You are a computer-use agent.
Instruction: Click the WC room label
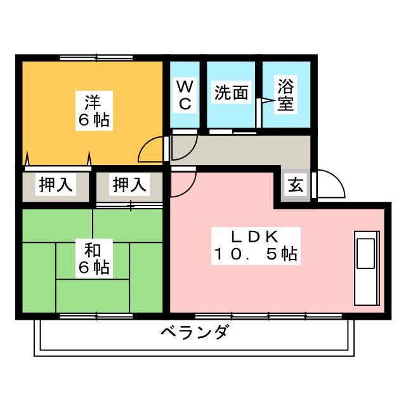[x=185, y=95]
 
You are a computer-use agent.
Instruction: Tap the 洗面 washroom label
[x=231, y=93]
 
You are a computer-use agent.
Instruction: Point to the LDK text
[x=254, y=236]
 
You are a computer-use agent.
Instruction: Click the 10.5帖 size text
[x=254, y=255]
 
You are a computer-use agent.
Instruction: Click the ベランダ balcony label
[x=193, y=332]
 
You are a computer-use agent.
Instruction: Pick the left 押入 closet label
[x=55, y=185]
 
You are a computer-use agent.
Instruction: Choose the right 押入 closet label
[x=129, y=185]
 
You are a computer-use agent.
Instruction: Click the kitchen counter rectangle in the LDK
[x=367, y=266]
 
